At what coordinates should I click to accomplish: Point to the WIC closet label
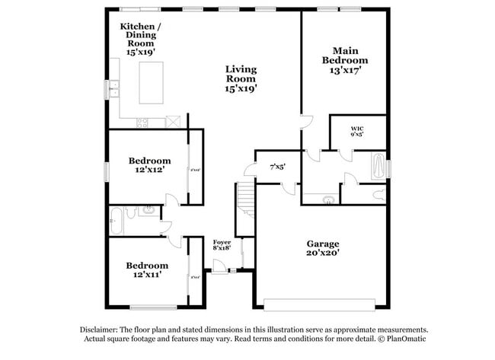pos(356,131)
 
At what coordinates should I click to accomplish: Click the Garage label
pos(323,247)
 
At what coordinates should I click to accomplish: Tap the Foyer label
pos(222,245)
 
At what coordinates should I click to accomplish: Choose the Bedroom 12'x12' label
pos(149,165)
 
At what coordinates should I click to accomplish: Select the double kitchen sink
pos(114,89)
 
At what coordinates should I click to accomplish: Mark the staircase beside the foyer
pos(245,199)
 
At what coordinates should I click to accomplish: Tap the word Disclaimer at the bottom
pos(101,330)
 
